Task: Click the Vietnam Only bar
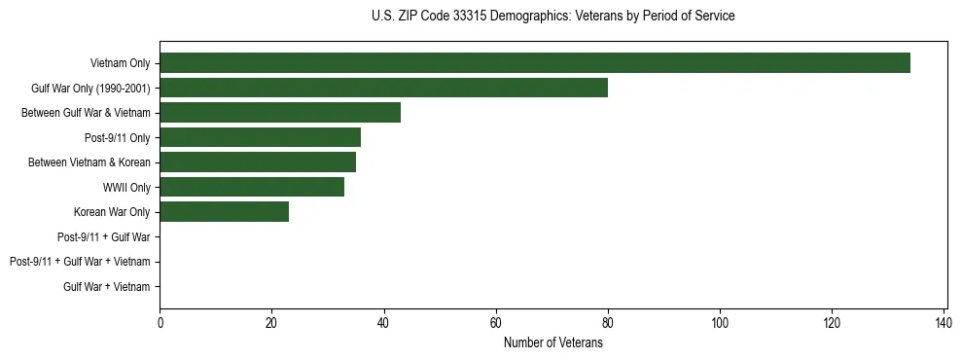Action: click(x=535, y=63)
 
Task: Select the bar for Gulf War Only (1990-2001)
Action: click(x=383, y=88)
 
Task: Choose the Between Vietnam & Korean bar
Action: click(x=258, y=162)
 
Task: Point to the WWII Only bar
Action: click(x=252, y=187)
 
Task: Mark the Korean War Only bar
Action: click(x=224, y=212)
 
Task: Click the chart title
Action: click(x=552, y=17)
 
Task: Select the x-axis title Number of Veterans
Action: click(x=552, y=342)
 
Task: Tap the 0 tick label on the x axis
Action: click(x=160, y=323)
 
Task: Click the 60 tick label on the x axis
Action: click(x=496, y=323)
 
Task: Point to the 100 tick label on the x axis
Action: click(x=720, y=323)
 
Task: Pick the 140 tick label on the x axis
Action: click(x=944, y=323)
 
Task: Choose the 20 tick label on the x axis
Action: click(x=271, y=323)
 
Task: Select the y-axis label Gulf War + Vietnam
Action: click(x=107, y=286)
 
